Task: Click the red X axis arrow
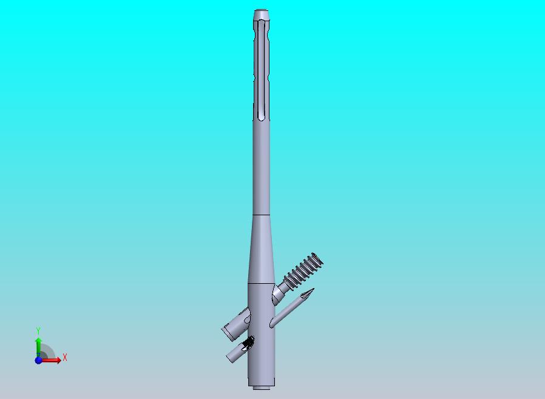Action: coord(51,360)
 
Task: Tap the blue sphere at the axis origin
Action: coord(38,360)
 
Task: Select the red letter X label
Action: coord(65,357)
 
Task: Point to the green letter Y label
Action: coord(38,330)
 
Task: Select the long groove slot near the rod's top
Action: coord(262,70)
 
